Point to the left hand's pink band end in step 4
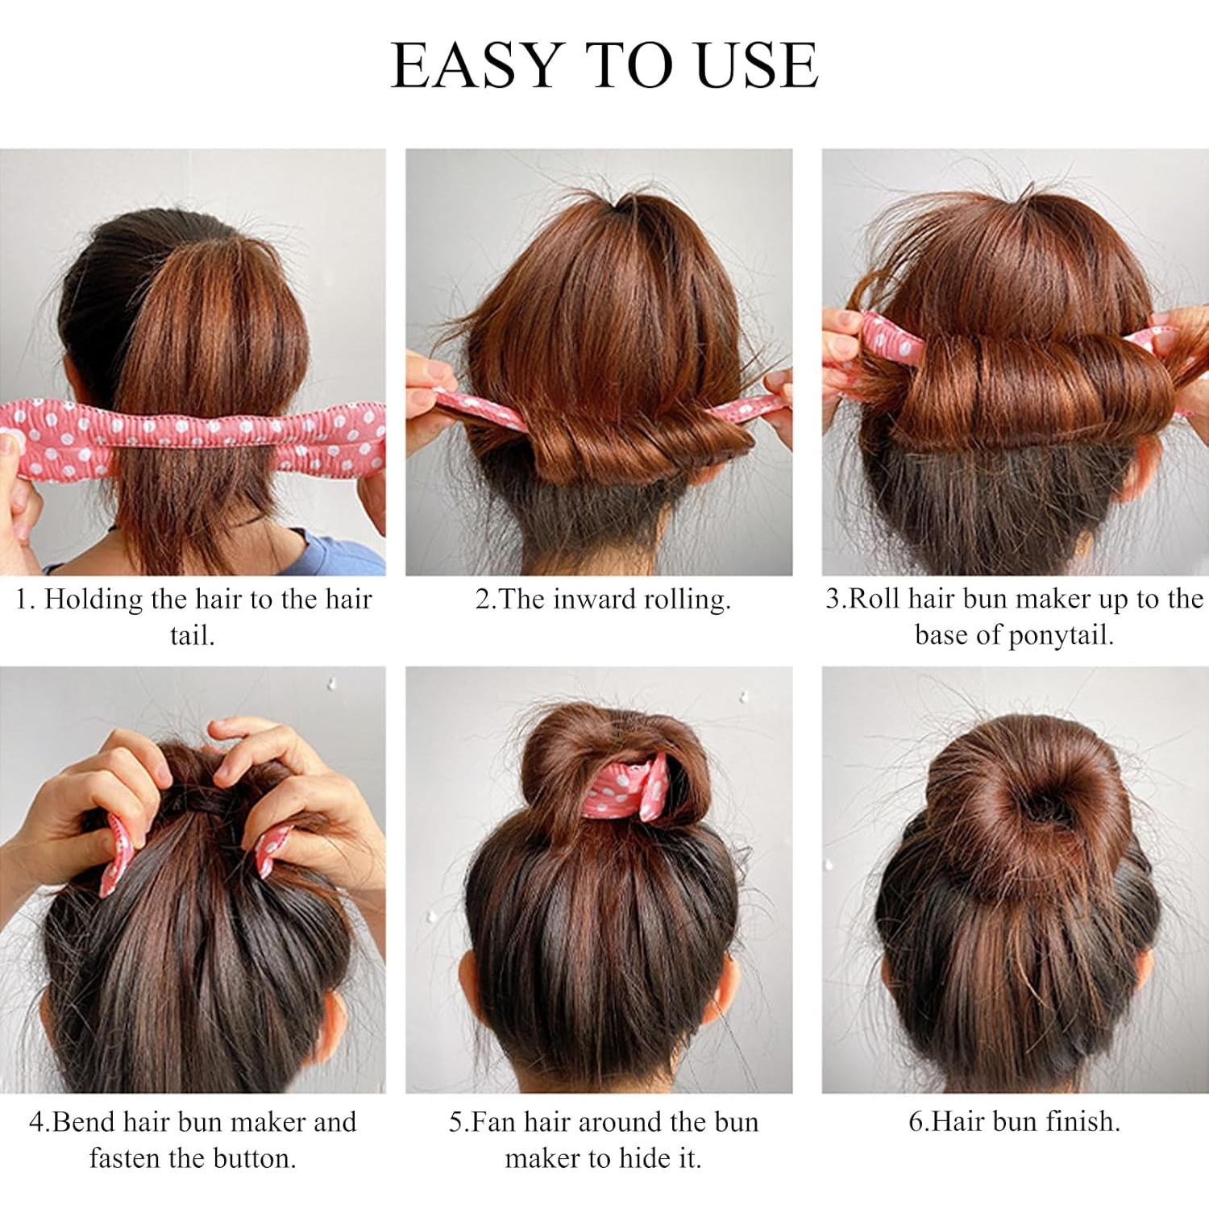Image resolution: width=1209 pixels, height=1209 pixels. [117, 854]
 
